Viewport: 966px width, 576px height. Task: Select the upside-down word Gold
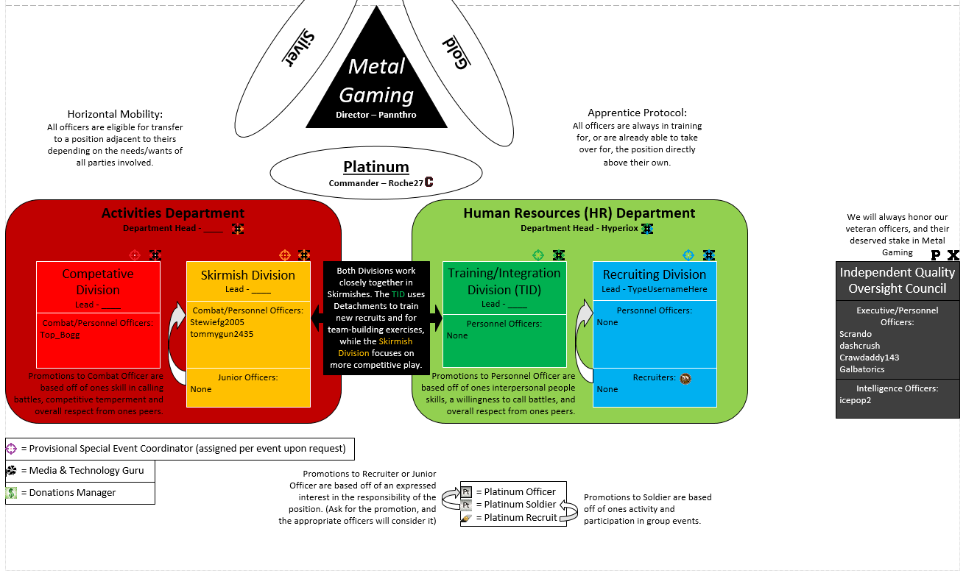(x=456, y=53)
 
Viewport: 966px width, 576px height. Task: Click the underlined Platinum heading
(x=376, y=167)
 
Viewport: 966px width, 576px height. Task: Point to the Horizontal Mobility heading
(x=115, y=114)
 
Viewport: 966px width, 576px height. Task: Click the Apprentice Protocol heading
(x=637, y=113)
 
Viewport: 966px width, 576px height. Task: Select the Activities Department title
(x=173, y=213)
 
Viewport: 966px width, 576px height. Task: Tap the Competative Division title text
(x=98, y=282)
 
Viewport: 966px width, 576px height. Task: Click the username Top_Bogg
(x=60, y=335)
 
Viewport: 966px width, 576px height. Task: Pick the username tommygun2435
(x=222, y=333)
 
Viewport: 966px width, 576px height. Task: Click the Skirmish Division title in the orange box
(x=248, y=275)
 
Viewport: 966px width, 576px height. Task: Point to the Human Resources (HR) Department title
(x=579, y=213)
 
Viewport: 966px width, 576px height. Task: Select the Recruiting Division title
(x=655, y=274)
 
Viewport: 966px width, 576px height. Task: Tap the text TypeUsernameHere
(x=665, y=289)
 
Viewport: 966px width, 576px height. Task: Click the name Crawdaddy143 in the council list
(x=869, y=358)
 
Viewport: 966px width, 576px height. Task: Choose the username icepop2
(x=855, y=401)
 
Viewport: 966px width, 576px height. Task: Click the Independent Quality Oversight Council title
(x=897, y=280)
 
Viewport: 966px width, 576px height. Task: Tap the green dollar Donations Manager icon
(x=11, y=493)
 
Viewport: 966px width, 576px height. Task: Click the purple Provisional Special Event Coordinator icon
(x=11, y=448)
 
